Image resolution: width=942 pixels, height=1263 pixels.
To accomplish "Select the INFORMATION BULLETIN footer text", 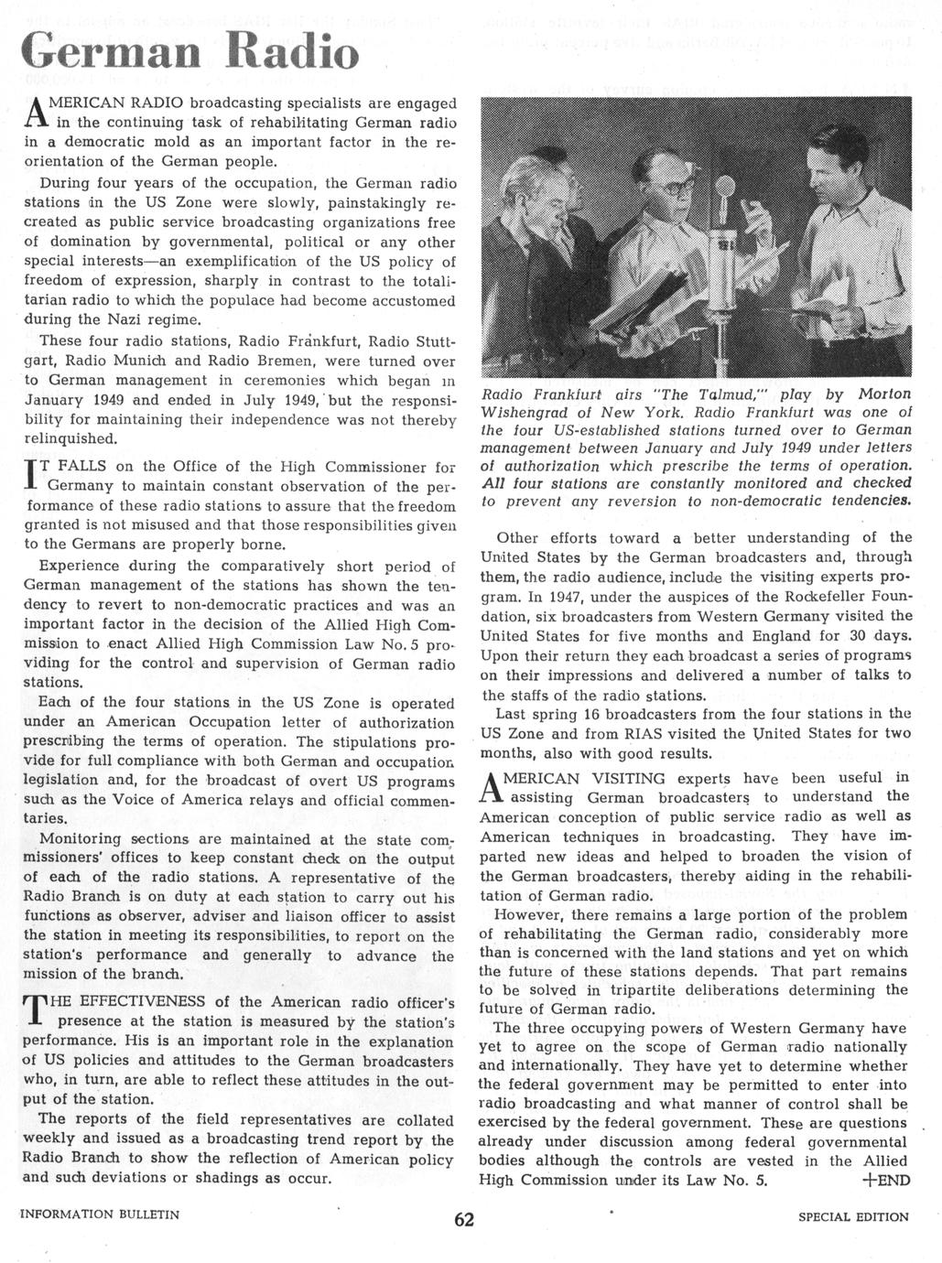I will tap(100, 1215).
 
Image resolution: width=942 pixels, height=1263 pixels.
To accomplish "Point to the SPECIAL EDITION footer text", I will tap(853, 1216).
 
